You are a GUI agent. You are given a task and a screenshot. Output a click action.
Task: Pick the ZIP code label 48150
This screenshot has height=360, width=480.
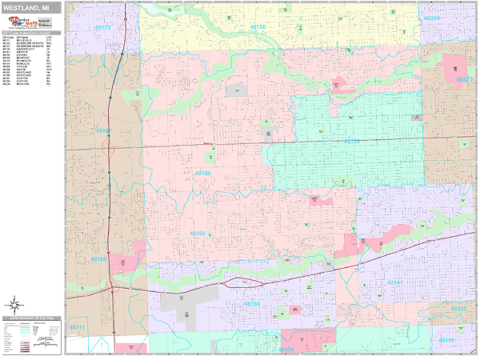[x=258, y=26]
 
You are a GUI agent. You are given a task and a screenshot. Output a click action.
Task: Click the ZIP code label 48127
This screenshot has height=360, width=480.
[x=464, y=79]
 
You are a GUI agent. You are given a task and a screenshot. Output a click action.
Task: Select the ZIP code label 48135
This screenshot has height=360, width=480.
[x=352, y=141]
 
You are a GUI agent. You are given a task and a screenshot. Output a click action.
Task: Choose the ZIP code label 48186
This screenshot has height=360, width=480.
[x=197, y=234]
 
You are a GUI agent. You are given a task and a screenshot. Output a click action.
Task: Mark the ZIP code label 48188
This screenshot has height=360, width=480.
[x=100, y=259]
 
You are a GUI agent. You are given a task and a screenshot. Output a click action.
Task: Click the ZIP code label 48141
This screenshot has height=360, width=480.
[x=395, y=282]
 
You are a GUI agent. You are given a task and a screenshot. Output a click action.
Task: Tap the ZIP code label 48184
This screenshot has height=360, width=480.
[x=251, y=303]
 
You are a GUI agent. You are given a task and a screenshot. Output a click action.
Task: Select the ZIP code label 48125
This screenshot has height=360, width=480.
[x=458, y=308]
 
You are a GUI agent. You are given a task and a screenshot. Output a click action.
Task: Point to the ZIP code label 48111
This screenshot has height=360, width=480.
[x=78, y=327]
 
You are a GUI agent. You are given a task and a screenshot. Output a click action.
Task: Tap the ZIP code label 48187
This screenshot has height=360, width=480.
[x=104, y=130]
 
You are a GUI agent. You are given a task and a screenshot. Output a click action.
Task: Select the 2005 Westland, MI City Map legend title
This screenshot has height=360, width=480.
[x=32, y=318]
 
